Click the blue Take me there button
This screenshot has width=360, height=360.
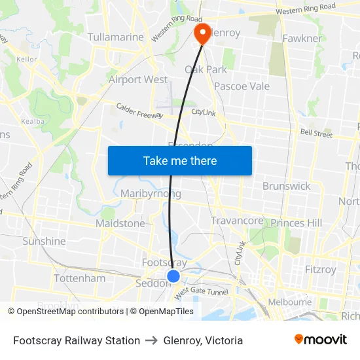pos(180,160)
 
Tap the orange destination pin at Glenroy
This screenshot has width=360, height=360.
pos(202,33)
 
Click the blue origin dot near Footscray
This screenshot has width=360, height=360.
pos(173,276)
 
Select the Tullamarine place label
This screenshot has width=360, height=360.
pos(115,37)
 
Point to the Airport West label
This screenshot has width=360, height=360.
pos(138,80)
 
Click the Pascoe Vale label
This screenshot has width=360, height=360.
pos(242,86)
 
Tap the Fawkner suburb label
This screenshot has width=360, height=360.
pos(302,39)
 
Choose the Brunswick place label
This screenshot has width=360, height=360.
pos(286,186)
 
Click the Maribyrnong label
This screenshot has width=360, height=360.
pos(151,194)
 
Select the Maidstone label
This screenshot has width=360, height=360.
pos(120,223)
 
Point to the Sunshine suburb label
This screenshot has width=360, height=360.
pos(44,241)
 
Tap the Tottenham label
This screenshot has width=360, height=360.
pos(79,278)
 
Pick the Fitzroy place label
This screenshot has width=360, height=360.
pos(321,269)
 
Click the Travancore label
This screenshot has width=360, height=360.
pos(237,221)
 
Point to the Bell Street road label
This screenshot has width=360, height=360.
pos(316,134)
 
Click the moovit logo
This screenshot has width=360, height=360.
pos(321,340)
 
